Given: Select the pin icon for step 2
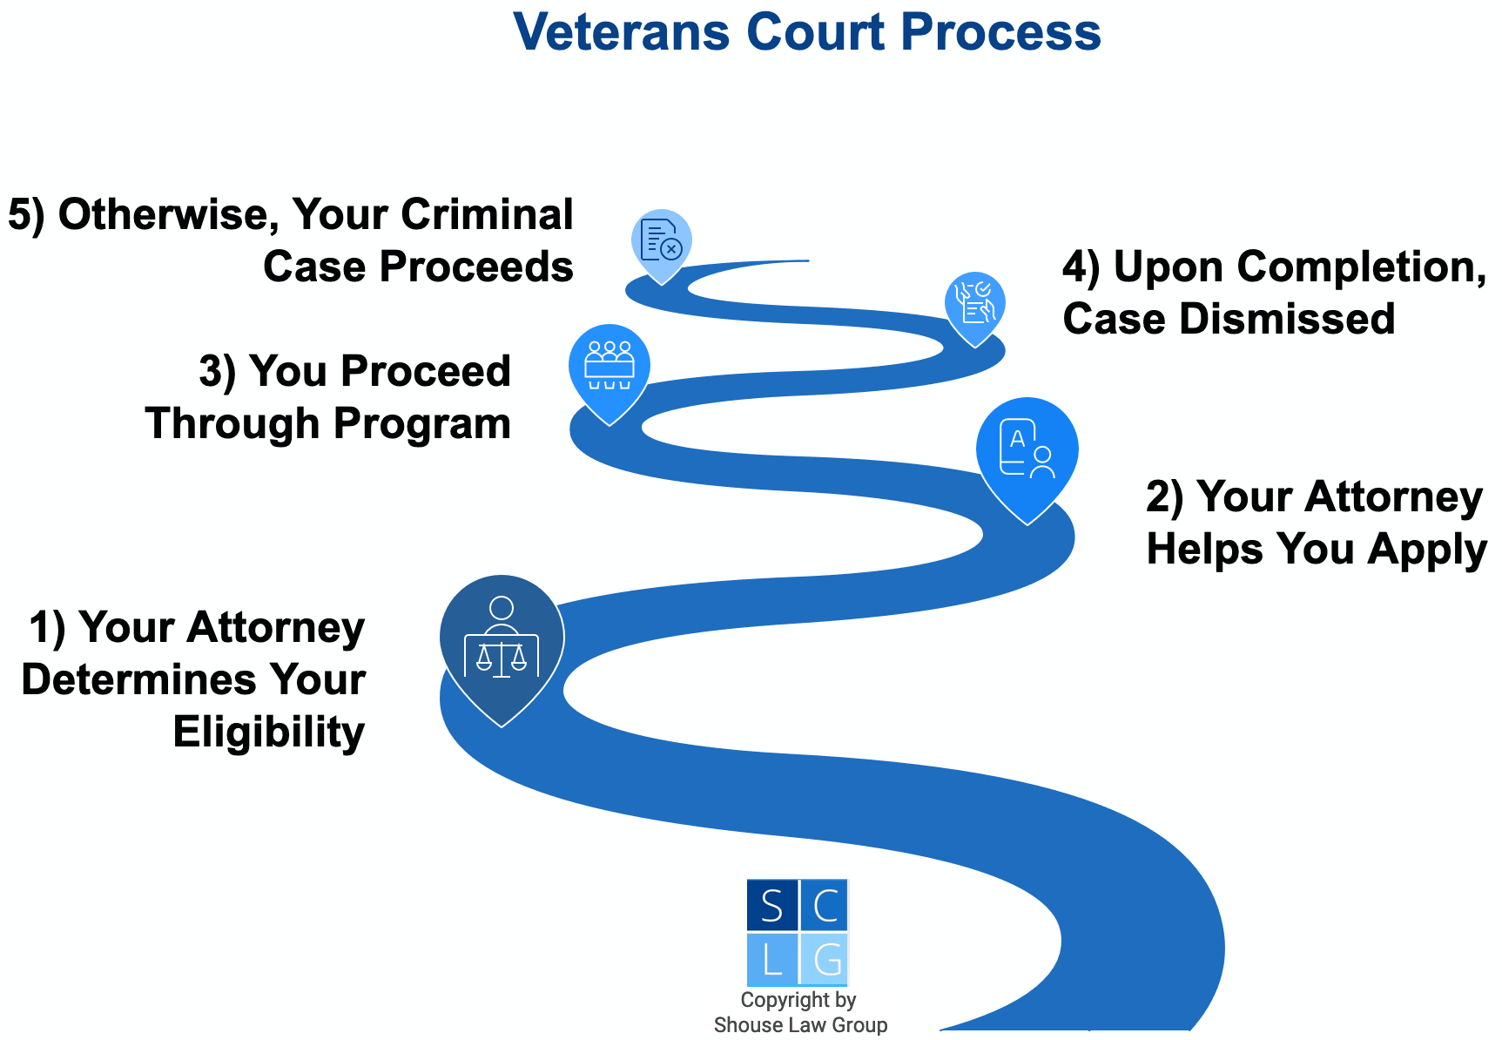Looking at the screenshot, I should pos(1027,453).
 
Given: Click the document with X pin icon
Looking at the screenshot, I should pos(661,240).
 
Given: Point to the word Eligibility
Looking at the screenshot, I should pos(268,732).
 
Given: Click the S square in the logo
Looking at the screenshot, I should pos(771,906).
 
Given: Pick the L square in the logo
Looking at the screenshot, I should pos(771,960).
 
